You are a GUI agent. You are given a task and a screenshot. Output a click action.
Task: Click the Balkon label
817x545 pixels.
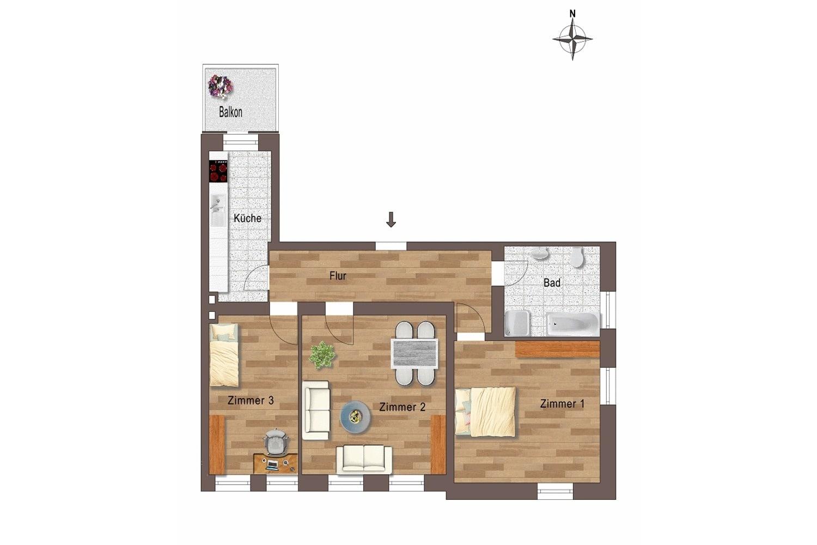click(x=230, y=112)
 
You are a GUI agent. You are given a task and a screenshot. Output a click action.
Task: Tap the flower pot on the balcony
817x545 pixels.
click(x=220, y=87)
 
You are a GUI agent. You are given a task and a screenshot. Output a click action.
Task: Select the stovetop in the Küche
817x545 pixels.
click(x=218, y=171)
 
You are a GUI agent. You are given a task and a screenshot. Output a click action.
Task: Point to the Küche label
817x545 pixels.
click(x=247, y=219)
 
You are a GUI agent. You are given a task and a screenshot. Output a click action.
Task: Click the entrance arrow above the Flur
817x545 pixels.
click(x=391, y=220)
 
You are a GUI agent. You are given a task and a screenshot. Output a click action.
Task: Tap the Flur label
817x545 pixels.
click(x=338, y=276)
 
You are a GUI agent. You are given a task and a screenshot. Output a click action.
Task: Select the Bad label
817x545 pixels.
click(x=552, y=282)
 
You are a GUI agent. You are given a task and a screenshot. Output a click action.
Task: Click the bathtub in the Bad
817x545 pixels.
click(x=572, y=324)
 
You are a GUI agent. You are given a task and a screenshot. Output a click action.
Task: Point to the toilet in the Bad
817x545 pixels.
click(x=577, y=257)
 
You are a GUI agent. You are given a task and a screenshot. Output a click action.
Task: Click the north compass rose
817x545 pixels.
click(x=572, y=39)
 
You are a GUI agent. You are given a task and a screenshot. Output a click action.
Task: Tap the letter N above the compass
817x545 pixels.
click(x=572, y=14)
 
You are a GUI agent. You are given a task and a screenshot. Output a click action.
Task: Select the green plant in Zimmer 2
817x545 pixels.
click(x=322, y=354)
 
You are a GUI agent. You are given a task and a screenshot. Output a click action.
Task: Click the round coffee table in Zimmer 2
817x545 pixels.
click(x=355, y=417)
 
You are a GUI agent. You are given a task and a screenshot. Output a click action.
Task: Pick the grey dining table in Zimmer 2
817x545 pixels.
click(x=414, y=353)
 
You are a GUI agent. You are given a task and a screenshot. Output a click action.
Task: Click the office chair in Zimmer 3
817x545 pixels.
click(x=276, y=442)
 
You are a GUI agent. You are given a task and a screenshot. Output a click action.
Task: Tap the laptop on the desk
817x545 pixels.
click(x=271, y=465)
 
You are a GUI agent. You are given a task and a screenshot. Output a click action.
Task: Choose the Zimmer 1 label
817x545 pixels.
click(x=562, y=404)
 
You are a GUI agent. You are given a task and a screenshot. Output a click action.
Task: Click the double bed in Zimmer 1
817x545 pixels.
click(x=485, y=412)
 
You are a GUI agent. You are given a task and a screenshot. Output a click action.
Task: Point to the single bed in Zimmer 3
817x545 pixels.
click(x=224, y=355)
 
